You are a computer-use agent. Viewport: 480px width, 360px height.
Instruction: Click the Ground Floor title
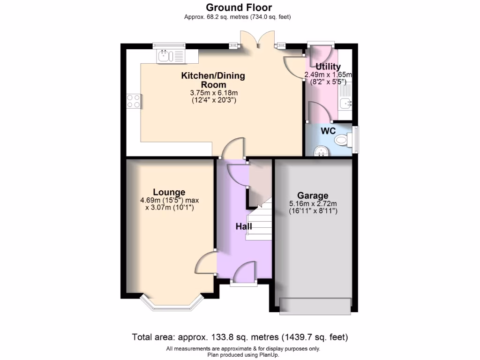240,7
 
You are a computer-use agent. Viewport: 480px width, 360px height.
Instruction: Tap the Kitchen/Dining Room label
213,80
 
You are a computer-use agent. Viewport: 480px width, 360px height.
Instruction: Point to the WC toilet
343,139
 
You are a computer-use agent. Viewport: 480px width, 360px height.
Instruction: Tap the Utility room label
328,67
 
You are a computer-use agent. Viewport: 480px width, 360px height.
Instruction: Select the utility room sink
346,100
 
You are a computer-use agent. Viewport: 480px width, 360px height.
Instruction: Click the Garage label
313,195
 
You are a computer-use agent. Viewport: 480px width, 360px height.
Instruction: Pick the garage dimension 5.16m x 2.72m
313,203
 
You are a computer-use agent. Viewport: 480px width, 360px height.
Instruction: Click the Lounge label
169,192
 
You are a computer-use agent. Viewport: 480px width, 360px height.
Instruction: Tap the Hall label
244,226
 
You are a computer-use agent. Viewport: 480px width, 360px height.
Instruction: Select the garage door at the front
315,306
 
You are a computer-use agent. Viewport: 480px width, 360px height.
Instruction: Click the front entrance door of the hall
244,277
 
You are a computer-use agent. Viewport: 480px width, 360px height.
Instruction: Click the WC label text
328,131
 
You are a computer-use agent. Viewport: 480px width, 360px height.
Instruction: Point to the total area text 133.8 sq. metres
240,337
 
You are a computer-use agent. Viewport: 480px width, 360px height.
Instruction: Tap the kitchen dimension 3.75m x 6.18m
213,93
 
